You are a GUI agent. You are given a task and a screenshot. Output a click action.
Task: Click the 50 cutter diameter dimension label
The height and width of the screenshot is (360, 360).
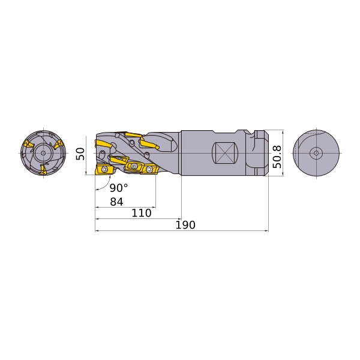(80, 154)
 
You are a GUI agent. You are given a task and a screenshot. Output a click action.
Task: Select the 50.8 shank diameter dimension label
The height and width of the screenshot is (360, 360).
(277, 157)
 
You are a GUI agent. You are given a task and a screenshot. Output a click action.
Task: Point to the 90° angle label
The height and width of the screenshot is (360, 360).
(118, 188)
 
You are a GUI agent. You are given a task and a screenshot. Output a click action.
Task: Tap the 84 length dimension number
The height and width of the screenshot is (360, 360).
(116, 202)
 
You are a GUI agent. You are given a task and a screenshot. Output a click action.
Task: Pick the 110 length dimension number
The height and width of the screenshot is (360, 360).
(142, 213)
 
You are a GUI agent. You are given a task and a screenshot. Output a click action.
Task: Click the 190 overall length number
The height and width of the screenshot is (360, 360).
(185, 225)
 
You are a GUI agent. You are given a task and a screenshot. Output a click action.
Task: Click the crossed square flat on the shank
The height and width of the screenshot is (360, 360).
(225, 153)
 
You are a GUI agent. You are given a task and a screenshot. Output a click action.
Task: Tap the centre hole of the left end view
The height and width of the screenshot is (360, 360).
(43, 153)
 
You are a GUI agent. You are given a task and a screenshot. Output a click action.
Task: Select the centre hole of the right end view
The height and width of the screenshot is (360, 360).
(316, 153)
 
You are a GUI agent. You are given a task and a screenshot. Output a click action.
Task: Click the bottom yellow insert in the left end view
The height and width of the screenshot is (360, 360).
(43, 169)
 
